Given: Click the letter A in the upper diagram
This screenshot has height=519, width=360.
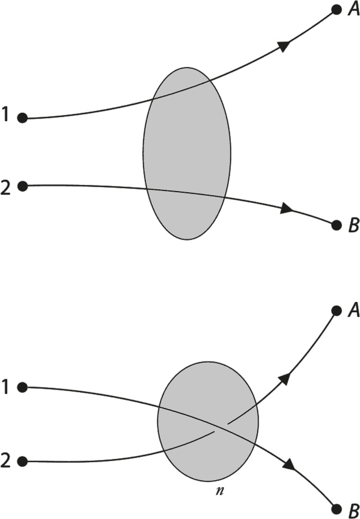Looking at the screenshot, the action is (x=354, y=10).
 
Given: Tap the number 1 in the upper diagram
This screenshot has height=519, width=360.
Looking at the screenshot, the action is (x=6, y=115).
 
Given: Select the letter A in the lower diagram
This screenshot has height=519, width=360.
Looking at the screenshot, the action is (x=354, y=310).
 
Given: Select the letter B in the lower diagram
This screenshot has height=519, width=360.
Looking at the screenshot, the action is (x=354, y=510).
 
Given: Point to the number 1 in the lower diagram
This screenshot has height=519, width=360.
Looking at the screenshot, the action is (x=6, y=387).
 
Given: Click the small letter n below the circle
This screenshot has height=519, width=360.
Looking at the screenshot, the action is (x=219, y=491).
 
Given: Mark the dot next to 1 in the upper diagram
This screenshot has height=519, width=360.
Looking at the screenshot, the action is (x=22, y=118).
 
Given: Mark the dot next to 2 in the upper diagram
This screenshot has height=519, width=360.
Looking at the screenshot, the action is (x=22, y=186).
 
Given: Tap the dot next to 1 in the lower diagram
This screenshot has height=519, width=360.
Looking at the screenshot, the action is (x=22, y=387).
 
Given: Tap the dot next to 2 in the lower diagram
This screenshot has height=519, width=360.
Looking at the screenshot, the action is (x=22, y=461).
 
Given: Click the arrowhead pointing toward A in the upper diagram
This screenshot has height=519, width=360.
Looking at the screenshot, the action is (x=284, y=45).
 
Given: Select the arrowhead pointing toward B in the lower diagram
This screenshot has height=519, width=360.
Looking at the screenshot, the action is (x=289, y=464).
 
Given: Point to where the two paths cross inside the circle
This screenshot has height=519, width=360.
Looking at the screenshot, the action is (x=221, y=427).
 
